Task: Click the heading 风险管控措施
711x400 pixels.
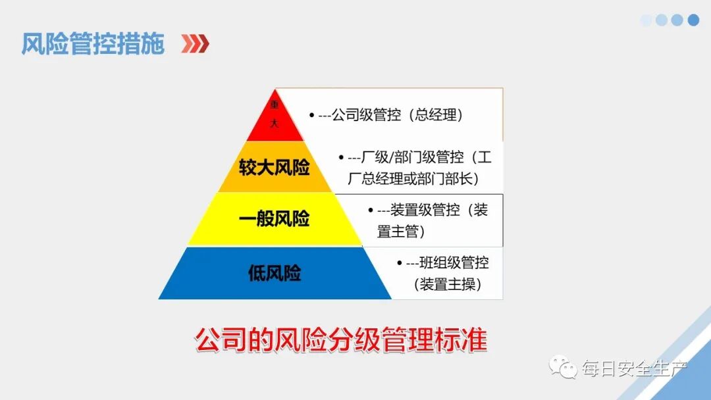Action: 92,43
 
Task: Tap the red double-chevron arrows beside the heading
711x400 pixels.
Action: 196,44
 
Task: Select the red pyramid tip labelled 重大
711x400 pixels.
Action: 275,114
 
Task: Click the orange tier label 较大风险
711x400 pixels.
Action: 275,167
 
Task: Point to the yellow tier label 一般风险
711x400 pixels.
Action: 275,219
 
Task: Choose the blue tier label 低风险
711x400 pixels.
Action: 275,273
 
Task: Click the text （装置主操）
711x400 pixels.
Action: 448,284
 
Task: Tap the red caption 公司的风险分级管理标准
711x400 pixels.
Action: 340,341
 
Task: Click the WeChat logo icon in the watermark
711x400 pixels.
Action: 564,368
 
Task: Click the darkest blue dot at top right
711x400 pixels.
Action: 693,20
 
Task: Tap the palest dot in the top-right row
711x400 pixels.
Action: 646,20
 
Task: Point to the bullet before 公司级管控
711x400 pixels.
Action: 312,115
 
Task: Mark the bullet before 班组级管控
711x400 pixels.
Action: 400,263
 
